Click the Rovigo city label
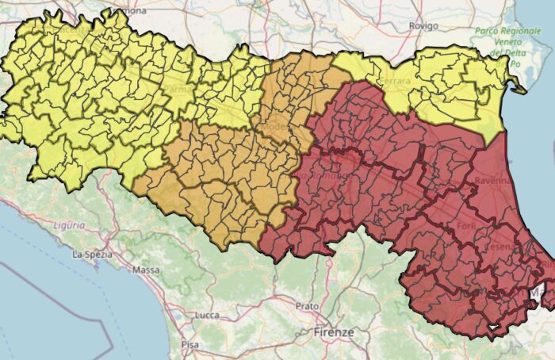423,26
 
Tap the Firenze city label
333,332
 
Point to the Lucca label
206,315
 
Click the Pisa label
189,345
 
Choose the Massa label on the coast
145,270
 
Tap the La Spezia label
90,255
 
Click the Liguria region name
70,225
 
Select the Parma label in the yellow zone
176,90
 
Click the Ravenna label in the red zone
494,181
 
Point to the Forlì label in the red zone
466,228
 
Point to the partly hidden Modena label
276,127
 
